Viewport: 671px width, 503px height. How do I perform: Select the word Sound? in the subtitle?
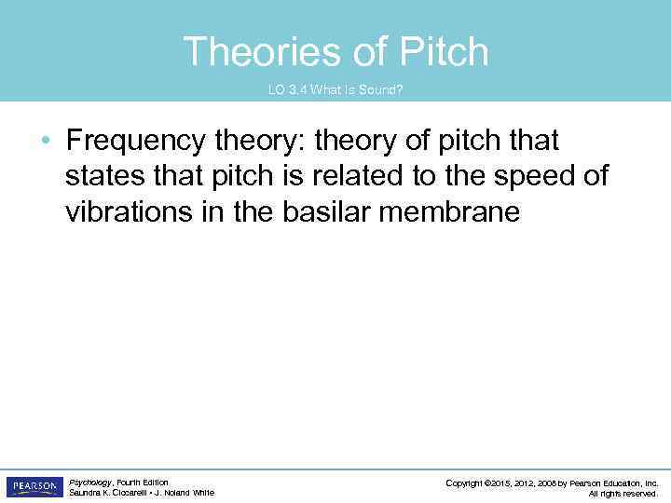pyautogui.click(x=383, y=89)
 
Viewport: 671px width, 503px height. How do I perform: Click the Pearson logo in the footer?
pyautogui.click(x=34, y=487)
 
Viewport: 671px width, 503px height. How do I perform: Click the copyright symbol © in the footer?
pyautogui.click(x=488, y=483)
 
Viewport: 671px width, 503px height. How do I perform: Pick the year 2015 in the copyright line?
pyautogui.click(x=503, y=483)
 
